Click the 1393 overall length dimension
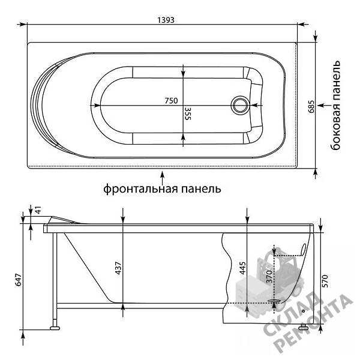click(166, 20)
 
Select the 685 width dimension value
click(311, 107)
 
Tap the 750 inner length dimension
click(171, 101)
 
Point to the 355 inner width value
click(188, 113)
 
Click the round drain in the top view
click(239, 105)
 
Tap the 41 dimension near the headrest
click(38, 210)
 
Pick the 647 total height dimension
click(18, 280)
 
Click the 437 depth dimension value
click(118, 268)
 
